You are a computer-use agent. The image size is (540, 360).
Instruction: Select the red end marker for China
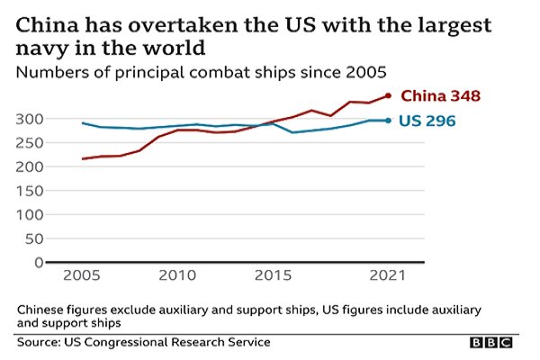[388, 95]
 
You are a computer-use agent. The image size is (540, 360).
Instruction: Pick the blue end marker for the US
[388, 120]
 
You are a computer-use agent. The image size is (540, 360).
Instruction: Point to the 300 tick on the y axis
[31, 119]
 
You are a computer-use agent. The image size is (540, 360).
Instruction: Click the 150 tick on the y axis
[31, 191]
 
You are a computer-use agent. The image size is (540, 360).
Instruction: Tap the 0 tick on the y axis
[38, 263]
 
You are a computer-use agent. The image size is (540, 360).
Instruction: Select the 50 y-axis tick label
[35, 238]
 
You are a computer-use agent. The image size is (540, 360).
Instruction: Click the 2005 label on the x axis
[83, 276]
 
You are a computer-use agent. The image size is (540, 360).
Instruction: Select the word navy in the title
[45, 44]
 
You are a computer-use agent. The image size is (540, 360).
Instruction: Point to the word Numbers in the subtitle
[51, 69]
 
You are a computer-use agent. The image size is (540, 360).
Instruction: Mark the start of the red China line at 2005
[83, 159]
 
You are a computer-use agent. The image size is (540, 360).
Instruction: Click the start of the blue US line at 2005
[83, 123]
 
